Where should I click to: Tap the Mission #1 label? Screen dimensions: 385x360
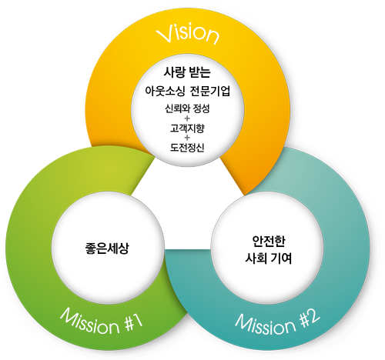click(102, 322)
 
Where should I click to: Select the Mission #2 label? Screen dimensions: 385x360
click(277, 322)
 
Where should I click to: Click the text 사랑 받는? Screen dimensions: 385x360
click(187, 72)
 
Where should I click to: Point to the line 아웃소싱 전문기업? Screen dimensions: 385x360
click(187, 91)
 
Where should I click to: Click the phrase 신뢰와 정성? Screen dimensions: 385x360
click(187, 108)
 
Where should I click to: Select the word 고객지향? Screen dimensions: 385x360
click(187, 128)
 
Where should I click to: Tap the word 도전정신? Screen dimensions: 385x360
click(187, 147)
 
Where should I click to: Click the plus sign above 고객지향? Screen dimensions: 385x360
click(187, 118)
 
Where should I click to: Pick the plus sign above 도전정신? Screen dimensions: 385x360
click(187, 138)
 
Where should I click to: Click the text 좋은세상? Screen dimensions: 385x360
click(107, 248)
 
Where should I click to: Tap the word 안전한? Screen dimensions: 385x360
click(269, 241)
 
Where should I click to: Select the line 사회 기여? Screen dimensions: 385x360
click(269, 258)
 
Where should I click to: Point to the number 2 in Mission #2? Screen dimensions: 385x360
click(313, 316)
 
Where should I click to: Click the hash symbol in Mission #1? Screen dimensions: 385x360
click(127, 324)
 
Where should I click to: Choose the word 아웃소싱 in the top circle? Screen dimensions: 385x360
click(165, 91)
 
